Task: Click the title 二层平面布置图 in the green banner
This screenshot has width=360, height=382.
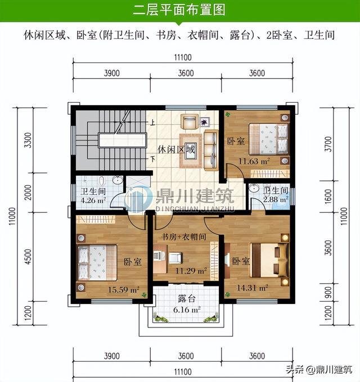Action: (x=179, y=10)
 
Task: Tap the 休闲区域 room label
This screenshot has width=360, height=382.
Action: (x=177, y=150)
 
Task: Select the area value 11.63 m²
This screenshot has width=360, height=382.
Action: (x=253, y=162)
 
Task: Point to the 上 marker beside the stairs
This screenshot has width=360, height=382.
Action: (x=151, y=122)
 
